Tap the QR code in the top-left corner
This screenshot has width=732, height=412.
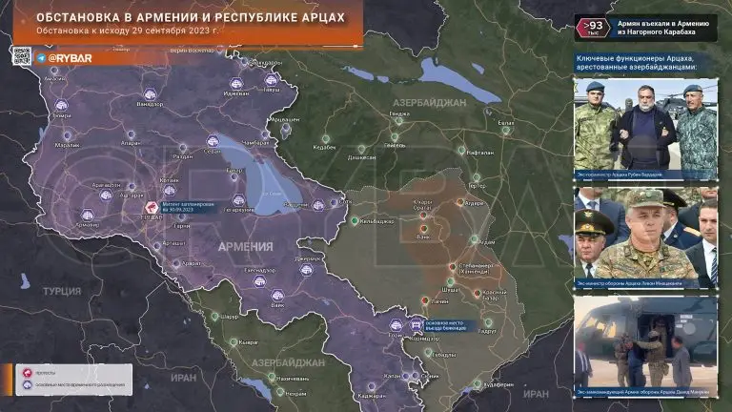pyautogui.click(x=22, y=56)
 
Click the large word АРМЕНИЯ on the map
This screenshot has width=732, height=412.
pyautogui.click(x=245, y=246)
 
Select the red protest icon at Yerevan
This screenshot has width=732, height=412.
pyautogui.click(x=151, y=207)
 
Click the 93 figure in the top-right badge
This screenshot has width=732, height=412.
pyautogui.click(x=594, y=25)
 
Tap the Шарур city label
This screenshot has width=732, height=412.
pyautogui.click(x=228, y=316)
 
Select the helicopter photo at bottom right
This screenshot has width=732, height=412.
pyautogui.click(x=645, y=342)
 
